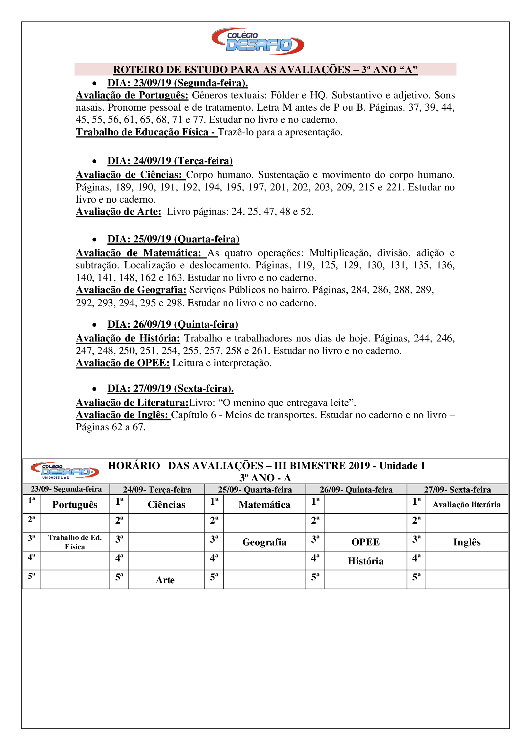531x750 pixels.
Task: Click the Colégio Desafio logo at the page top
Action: click(x=258, y=41)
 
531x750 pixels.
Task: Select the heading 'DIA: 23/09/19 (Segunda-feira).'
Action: click(x=178, y=83)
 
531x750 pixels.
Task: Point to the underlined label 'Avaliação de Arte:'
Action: click(x=119, y=212)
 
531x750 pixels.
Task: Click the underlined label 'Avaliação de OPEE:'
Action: click(x=123, y=363)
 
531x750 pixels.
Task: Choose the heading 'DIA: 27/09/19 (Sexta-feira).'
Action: click(x=170, y=388)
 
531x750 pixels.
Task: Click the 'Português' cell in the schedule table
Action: click(x=75, y=505)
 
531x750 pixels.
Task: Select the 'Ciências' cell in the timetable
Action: click(x=166, y=505)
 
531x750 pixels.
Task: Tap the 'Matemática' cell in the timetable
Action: click(x=264, y=505)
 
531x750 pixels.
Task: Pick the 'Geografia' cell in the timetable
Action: click(x=264, y=542)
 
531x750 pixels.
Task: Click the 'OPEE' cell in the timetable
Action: click(x=366, y=542)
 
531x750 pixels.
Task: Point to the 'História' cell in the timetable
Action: click(x=366, y=561)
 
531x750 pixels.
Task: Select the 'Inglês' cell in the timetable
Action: click(x=466, y=542)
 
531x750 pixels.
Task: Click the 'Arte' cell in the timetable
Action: click(x=165, y=580)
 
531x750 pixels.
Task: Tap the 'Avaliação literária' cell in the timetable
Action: click(x=466, y=505)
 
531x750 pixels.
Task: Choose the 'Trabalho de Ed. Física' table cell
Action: click(x=75, y=542)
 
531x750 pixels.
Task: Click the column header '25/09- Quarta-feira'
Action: click(x=255, y=490)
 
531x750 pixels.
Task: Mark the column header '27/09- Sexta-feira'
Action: click(x=457, y=490)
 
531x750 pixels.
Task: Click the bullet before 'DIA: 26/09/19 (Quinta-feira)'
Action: click(x=94, y=325)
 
